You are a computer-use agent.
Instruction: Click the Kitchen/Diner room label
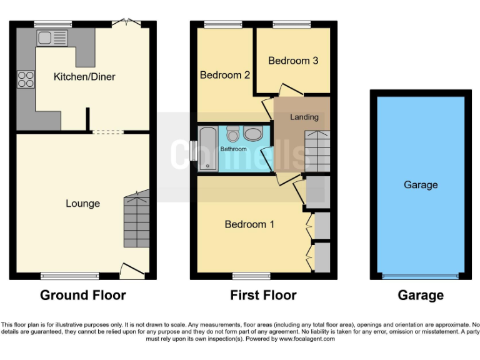tap(84, 77)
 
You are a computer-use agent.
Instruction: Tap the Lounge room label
tap(82, 204)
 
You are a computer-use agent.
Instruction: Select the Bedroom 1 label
tap(249, 224)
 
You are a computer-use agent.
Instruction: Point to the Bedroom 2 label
tap(225, 75)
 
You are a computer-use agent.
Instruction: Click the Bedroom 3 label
tap(293, 61)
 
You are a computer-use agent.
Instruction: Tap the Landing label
tap(304, 117)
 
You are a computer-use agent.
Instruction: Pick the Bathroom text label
tap(233, 149)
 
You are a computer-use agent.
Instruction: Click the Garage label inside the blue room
tap(421, 185)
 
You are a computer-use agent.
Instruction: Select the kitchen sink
tap(51, 38)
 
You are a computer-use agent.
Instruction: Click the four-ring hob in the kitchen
tap(26, 79)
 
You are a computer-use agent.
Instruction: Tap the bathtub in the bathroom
tap(206, 148)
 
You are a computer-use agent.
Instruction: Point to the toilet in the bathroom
tap(233, 134)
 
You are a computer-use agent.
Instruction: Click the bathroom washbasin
tap(253, 134)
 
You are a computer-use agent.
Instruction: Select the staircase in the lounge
tap(137, 220)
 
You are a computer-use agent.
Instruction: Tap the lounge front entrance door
tap(131, 270)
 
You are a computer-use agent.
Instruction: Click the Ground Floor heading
tap(83, 296)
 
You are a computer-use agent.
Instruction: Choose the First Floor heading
tap(263, 296)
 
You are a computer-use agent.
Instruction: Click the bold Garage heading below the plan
tap(421, 296)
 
